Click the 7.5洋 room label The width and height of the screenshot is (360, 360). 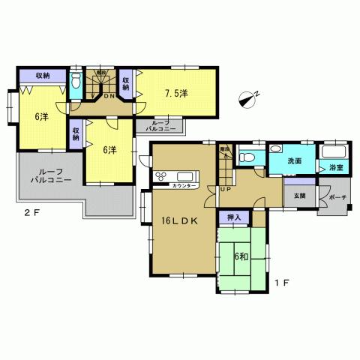coord(176,93)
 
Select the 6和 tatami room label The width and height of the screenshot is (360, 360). coord(240,256)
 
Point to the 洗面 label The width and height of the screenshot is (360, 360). coord(294,160)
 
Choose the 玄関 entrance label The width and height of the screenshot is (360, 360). coord(299,196)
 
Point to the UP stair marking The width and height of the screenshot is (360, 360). coord(225,188)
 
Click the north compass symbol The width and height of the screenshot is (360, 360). coord(250,97)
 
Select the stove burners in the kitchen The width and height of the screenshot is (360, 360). coord(163,177)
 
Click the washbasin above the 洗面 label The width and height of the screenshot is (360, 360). coord(276,148)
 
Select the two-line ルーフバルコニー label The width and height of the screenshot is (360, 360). coord(51,177)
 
